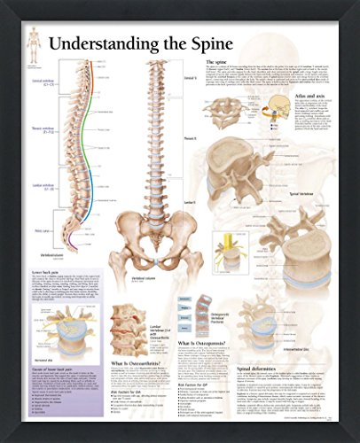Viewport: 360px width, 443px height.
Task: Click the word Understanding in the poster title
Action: tap(95, 42)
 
